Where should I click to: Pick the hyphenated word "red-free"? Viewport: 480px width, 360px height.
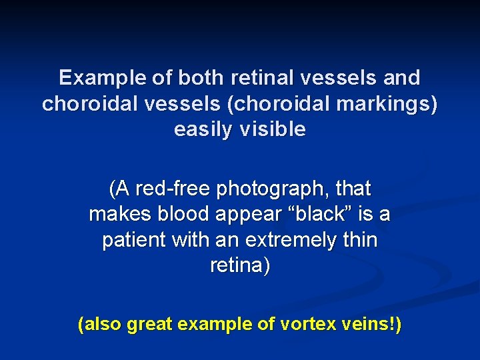[173, 189]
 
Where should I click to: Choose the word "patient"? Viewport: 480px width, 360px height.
[131, 240]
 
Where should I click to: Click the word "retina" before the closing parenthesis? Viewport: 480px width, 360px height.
[237, 265]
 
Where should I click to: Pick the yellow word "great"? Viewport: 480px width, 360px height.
[150, 325]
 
